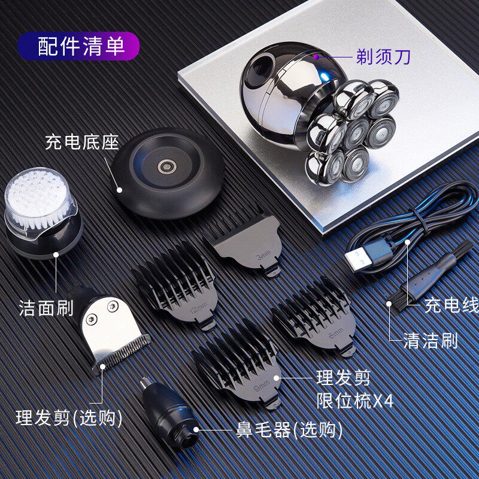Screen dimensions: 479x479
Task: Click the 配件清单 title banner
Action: coord(78,46)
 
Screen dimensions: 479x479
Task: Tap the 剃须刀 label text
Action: coord(383,56)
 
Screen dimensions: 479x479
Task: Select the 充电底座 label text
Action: coord(82,142)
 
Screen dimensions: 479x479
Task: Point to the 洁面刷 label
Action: coord(46,308)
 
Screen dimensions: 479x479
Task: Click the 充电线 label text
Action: coord(451,305)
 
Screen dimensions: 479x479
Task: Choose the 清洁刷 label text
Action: coord(431,341)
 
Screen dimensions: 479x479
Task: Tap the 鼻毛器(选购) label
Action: coord(289,430)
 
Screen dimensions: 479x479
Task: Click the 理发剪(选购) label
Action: coord(69,417)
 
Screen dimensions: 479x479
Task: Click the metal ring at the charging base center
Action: coord(167,167)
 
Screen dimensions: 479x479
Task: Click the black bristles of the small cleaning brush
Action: coord(396,299)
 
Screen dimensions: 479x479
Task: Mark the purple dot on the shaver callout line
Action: coord(317,56)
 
